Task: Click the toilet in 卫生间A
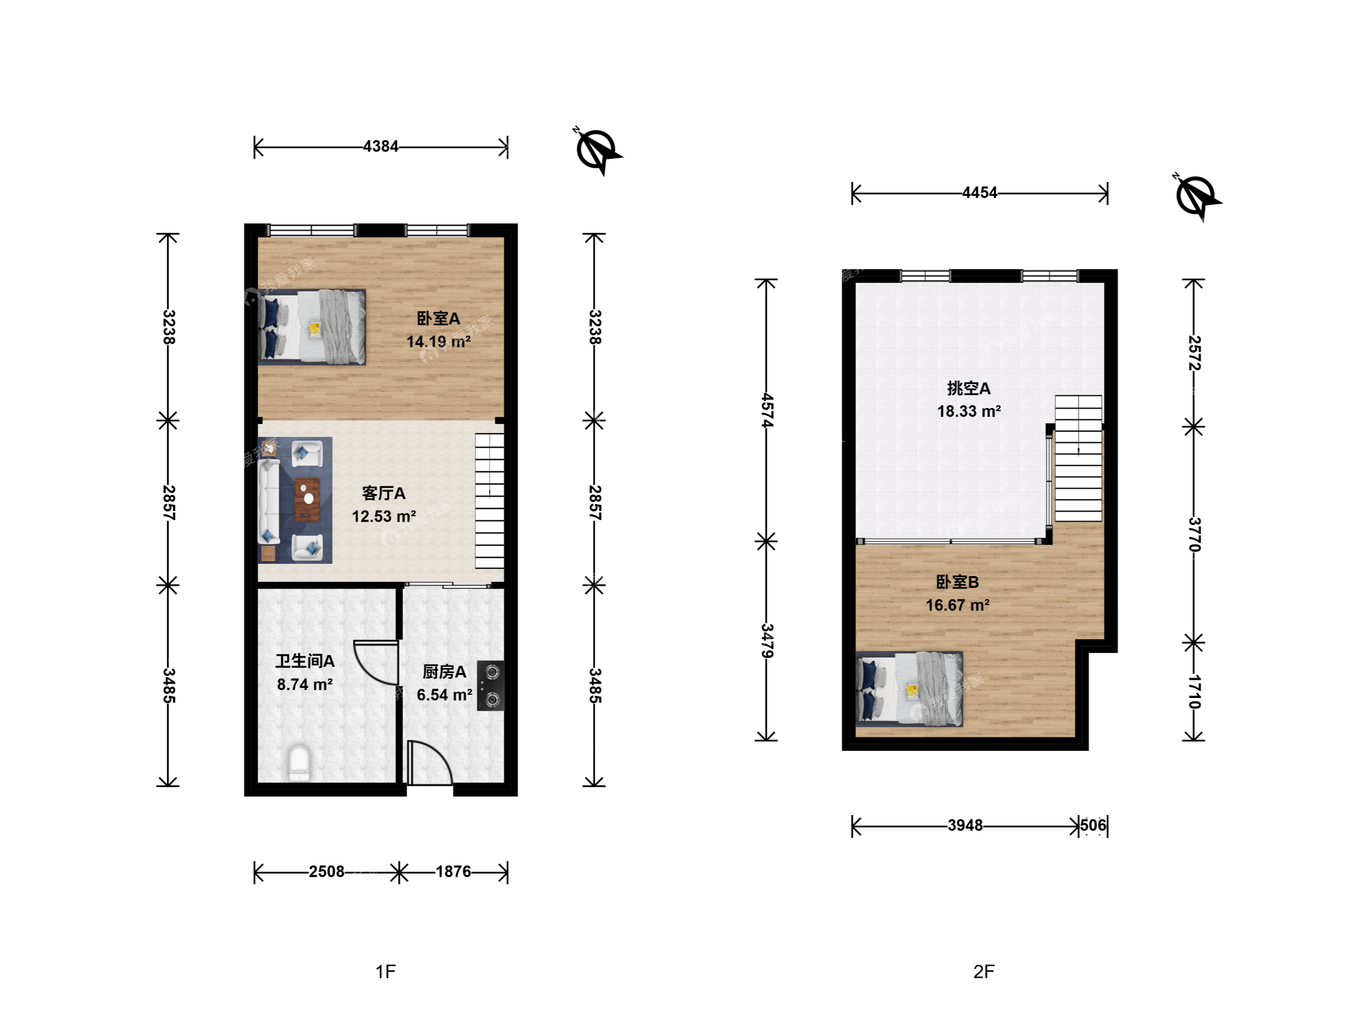(x=299, y=763)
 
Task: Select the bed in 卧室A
(x=312, y=327)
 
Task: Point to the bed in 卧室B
(x=909, y=689)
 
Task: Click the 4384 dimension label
(x=381, y=146)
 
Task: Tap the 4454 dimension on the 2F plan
(x=979, y=193)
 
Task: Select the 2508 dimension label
(x=326, y=871)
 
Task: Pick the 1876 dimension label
(x=453, y=871)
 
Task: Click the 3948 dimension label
(x=965, y=825)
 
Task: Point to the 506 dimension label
(x=1093, y=825)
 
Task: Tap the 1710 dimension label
(x=1193, y=692)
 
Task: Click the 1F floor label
(x=385, y=971)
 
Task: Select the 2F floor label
(x=984, y=971)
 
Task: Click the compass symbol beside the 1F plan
(x=597, y=151)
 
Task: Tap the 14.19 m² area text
(x=438, y=341)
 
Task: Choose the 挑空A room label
(x=969, y=388)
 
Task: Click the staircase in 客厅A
(x=489, y=501)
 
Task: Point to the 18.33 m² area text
(x=969, y=411)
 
